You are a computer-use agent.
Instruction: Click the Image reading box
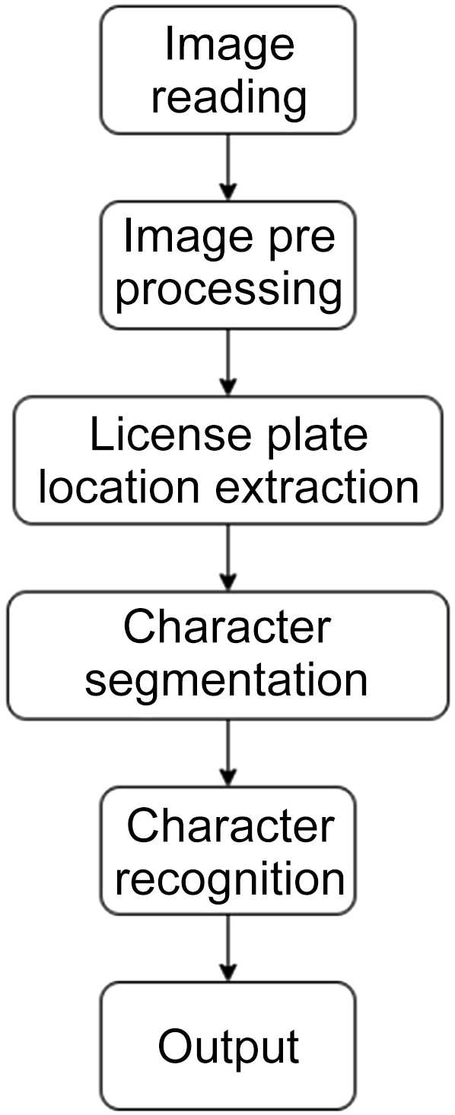click(x=228, y=71)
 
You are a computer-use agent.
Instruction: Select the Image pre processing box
click(x=228, y=264)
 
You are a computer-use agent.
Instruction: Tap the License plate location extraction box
click(x=228, y=461)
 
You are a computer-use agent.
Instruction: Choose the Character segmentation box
click(x=228, y=655)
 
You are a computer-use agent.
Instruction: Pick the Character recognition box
click(x=228, y=851)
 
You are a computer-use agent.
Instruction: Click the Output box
click(x=228, y=1046)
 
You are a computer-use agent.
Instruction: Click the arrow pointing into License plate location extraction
click(x=228, y=363)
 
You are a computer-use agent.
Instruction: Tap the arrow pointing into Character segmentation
click(x=228, y=557)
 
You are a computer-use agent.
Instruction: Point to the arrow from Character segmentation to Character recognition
click(x=228, y=752)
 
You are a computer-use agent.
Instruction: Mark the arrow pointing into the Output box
click(x=228, y=948)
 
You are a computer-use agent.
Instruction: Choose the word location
click(x=122, y=487)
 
